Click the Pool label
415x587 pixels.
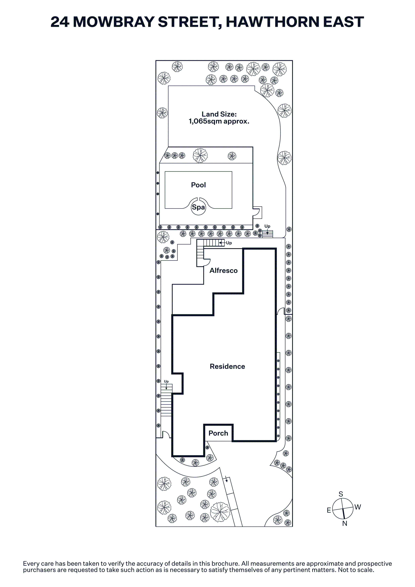(198, 185)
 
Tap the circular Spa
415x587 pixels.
(198, 207)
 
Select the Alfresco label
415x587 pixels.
(223, 270)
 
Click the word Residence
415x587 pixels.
(227, 366)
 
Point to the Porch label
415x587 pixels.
(218, 433)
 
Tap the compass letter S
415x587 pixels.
(341, 494)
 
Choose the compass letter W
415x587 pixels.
(358, 507)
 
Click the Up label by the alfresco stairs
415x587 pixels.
(229, 243)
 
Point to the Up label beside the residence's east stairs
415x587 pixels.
(166, 382)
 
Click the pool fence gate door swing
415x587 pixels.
(257, 212)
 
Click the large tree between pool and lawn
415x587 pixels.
(200, 155)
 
